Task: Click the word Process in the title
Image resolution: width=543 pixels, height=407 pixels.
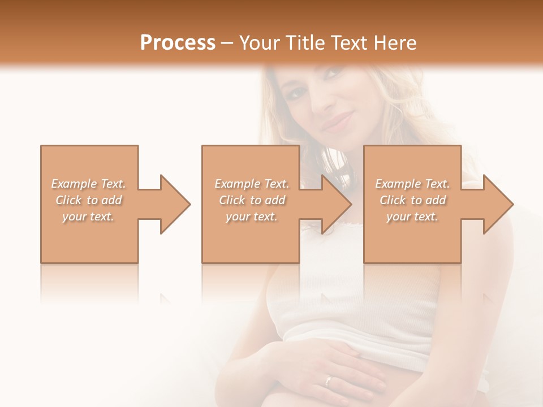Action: click(178, 42)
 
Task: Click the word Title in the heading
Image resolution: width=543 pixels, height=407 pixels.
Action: click(304, 42)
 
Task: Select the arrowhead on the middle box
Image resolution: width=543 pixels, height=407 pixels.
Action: click(335, 204)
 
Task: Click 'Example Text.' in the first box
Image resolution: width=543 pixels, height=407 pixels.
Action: click(88, 184)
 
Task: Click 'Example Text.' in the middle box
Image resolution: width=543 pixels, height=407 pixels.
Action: click(252, 184)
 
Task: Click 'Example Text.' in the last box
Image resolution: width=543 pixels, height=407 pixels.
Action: click(412, 184)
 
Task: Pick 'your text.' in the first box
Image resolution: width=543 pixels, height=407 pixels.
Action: click(88, 217)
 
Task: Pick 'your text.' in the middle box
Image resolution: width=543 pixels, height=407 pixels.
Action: click(252, 217)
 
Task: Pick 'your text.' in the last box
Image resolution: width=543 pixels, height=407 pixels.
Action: click(412, 217)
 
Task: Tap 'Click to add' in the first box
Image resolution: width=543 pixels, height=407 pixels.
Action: click(88, 200)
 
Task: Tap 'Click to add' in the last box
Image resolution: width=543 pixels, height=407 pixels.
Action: click(412, 200)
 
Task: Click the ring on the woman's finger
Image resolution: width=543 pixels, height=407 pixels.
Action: click(328, 380)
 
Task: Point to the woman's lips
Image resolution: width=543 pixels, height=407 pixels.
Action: click(338, 121)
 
